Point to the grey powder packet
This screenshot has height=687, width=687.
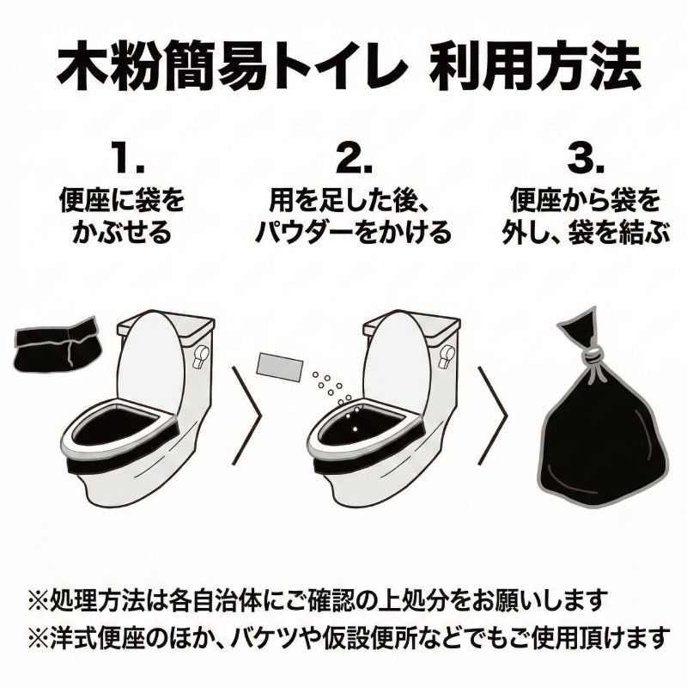coord(278,366)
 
